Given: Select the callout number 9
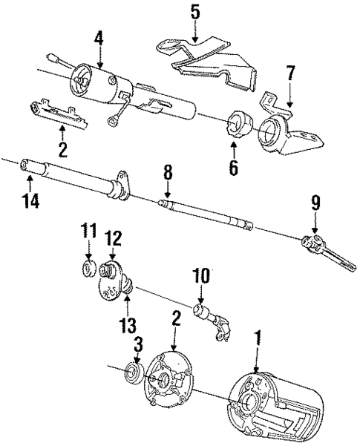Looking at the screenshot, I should point(315,200).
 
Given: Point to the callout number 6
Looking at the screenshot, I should point(234,168).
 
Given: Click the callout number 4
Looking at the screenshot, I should point(99,34).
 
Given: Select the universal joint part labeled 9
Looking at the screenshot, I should point(319,244).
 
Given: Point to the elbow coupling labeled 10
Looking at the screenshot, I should point(212,320).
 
